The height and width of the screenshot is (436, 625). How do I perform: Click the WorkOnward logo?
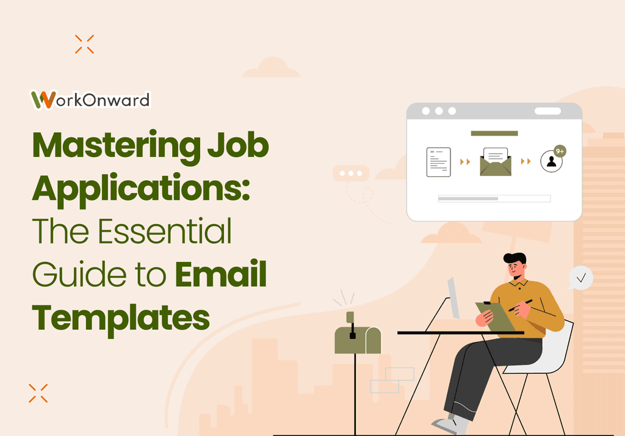(90, 100)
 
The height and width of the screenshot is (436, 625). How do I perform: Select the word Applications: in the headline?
(141, 189)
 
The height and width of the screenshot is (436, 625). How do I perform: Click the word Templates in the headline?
(121, 317)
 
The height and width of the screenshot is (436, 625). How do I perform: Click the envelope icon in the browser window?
(495, 162)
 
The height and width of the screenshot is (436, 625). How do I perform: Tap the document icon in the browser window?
(438, 162)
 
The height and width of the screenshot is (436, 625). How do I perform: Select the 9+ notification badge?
(559, 150)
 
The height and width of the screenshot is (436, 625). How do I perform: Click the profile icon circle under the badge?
(551, 162)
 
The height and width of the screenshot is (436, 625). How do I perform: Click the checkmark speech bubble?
(580, 278)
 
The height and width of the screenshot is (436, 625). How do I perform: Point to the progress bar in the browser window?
(494, 198)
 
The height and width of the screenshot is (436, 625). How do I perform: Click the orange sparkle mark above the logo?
(84, 44)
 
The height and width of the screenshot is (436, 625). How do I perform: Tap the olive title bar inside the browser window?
(494, 133)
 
